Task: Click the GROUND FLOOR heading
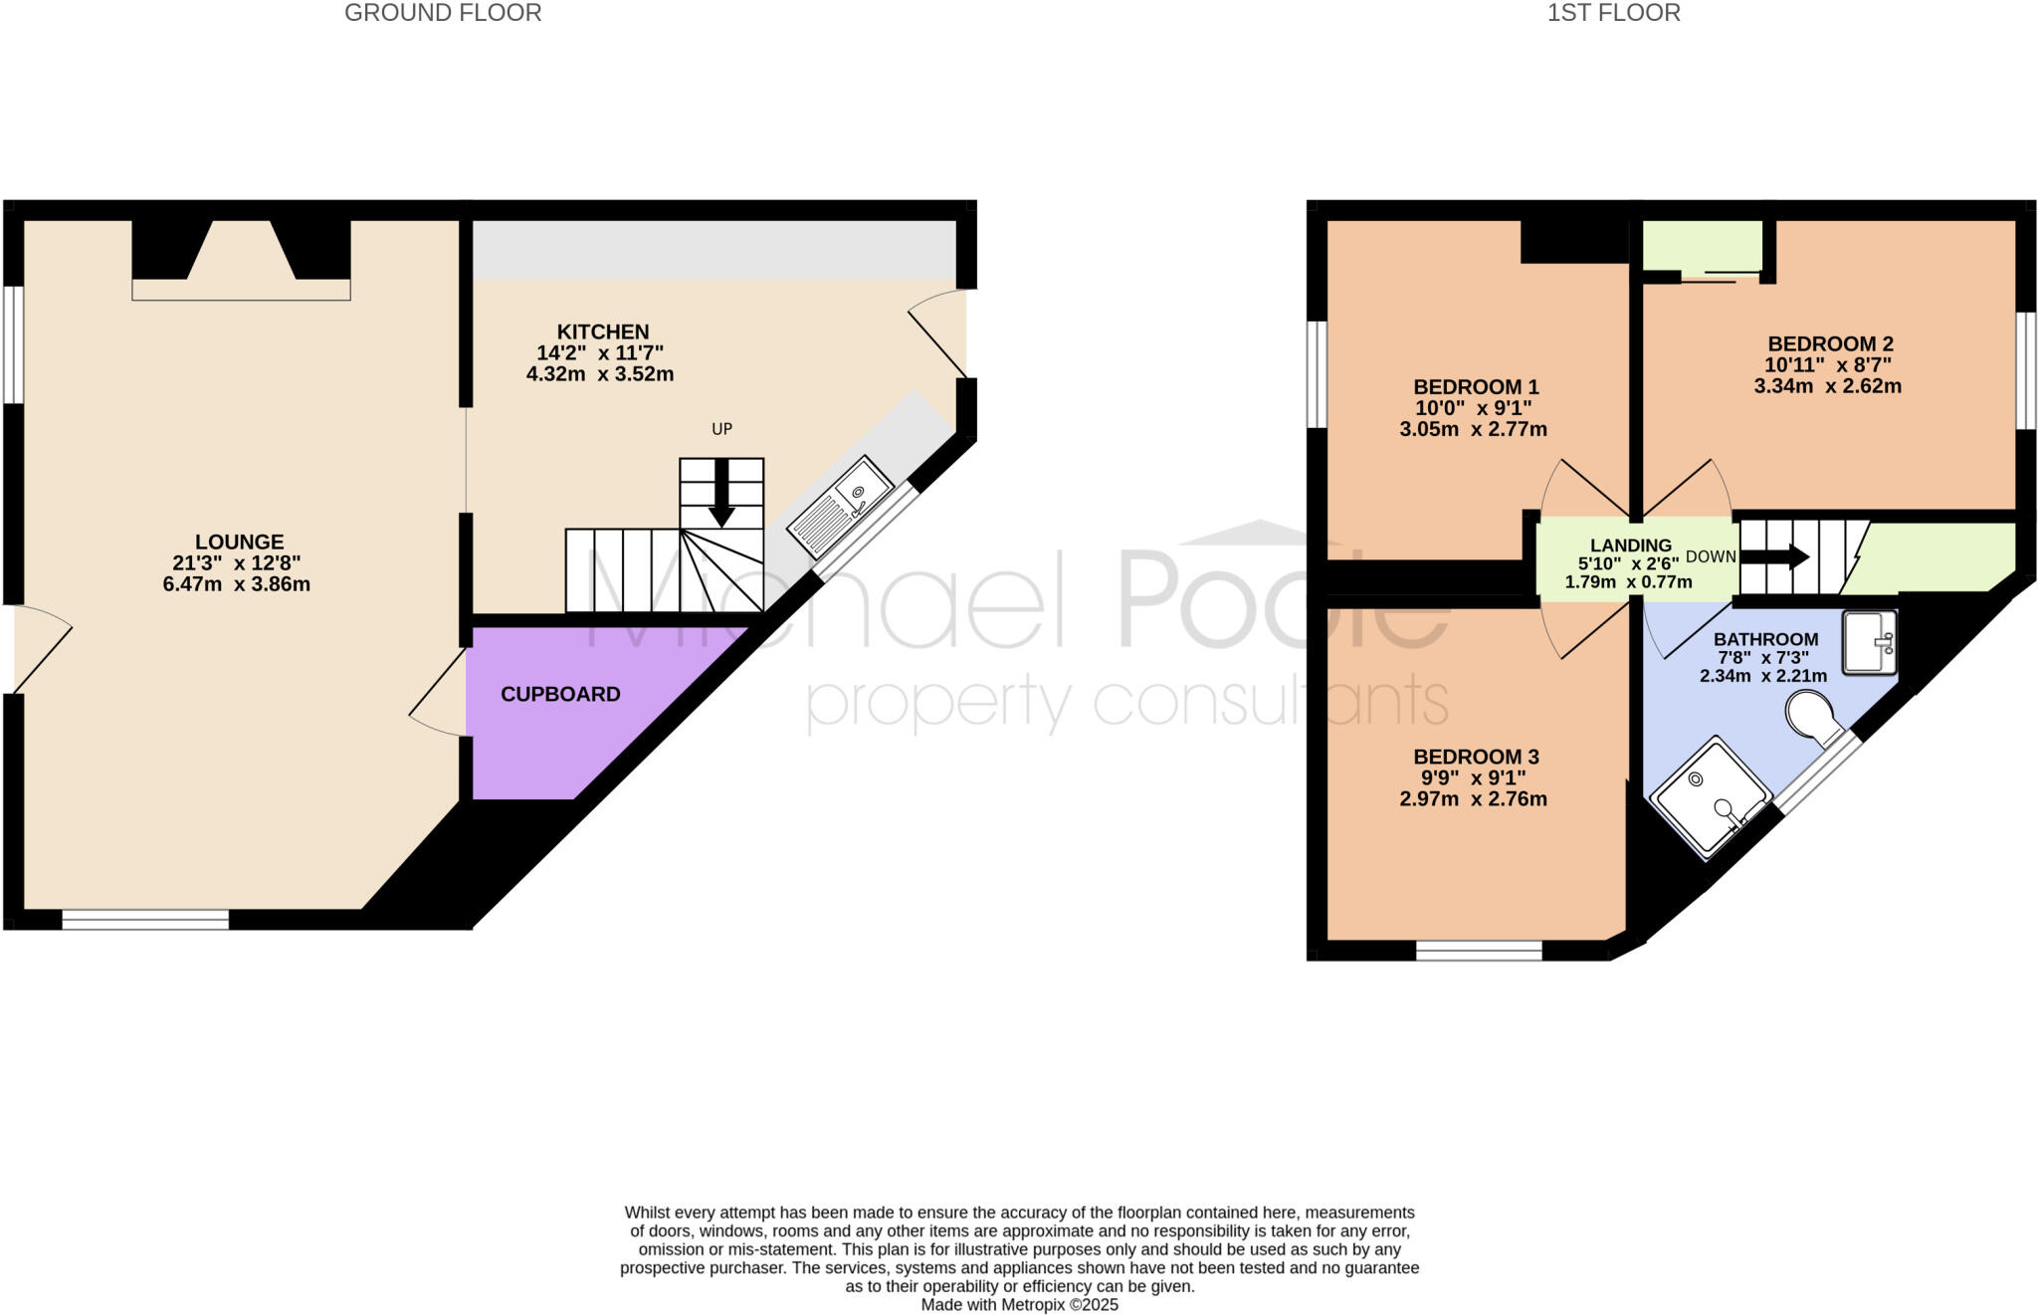(443, 13)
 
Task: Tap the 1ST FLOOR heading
(1613, 13)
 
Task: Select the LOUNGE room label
(239, 543)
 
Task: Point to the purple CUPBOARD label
(560, 695)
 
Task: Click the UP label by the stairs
(721, 429)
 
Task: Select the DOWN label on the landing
(1711, 556)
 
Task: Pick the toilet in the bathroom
(1814, 719)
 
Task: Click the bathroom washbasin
(1870, 642)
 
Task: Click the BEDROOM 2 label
(1830, 344)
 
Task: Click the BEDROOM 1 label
(1476, 387)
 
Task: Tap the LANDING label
(1630, 546)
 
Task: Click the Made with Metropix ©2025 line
(1019, 1304)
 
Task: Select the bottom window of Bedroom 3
(1479, 950)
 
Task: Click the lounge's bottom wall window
(145, 920)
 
